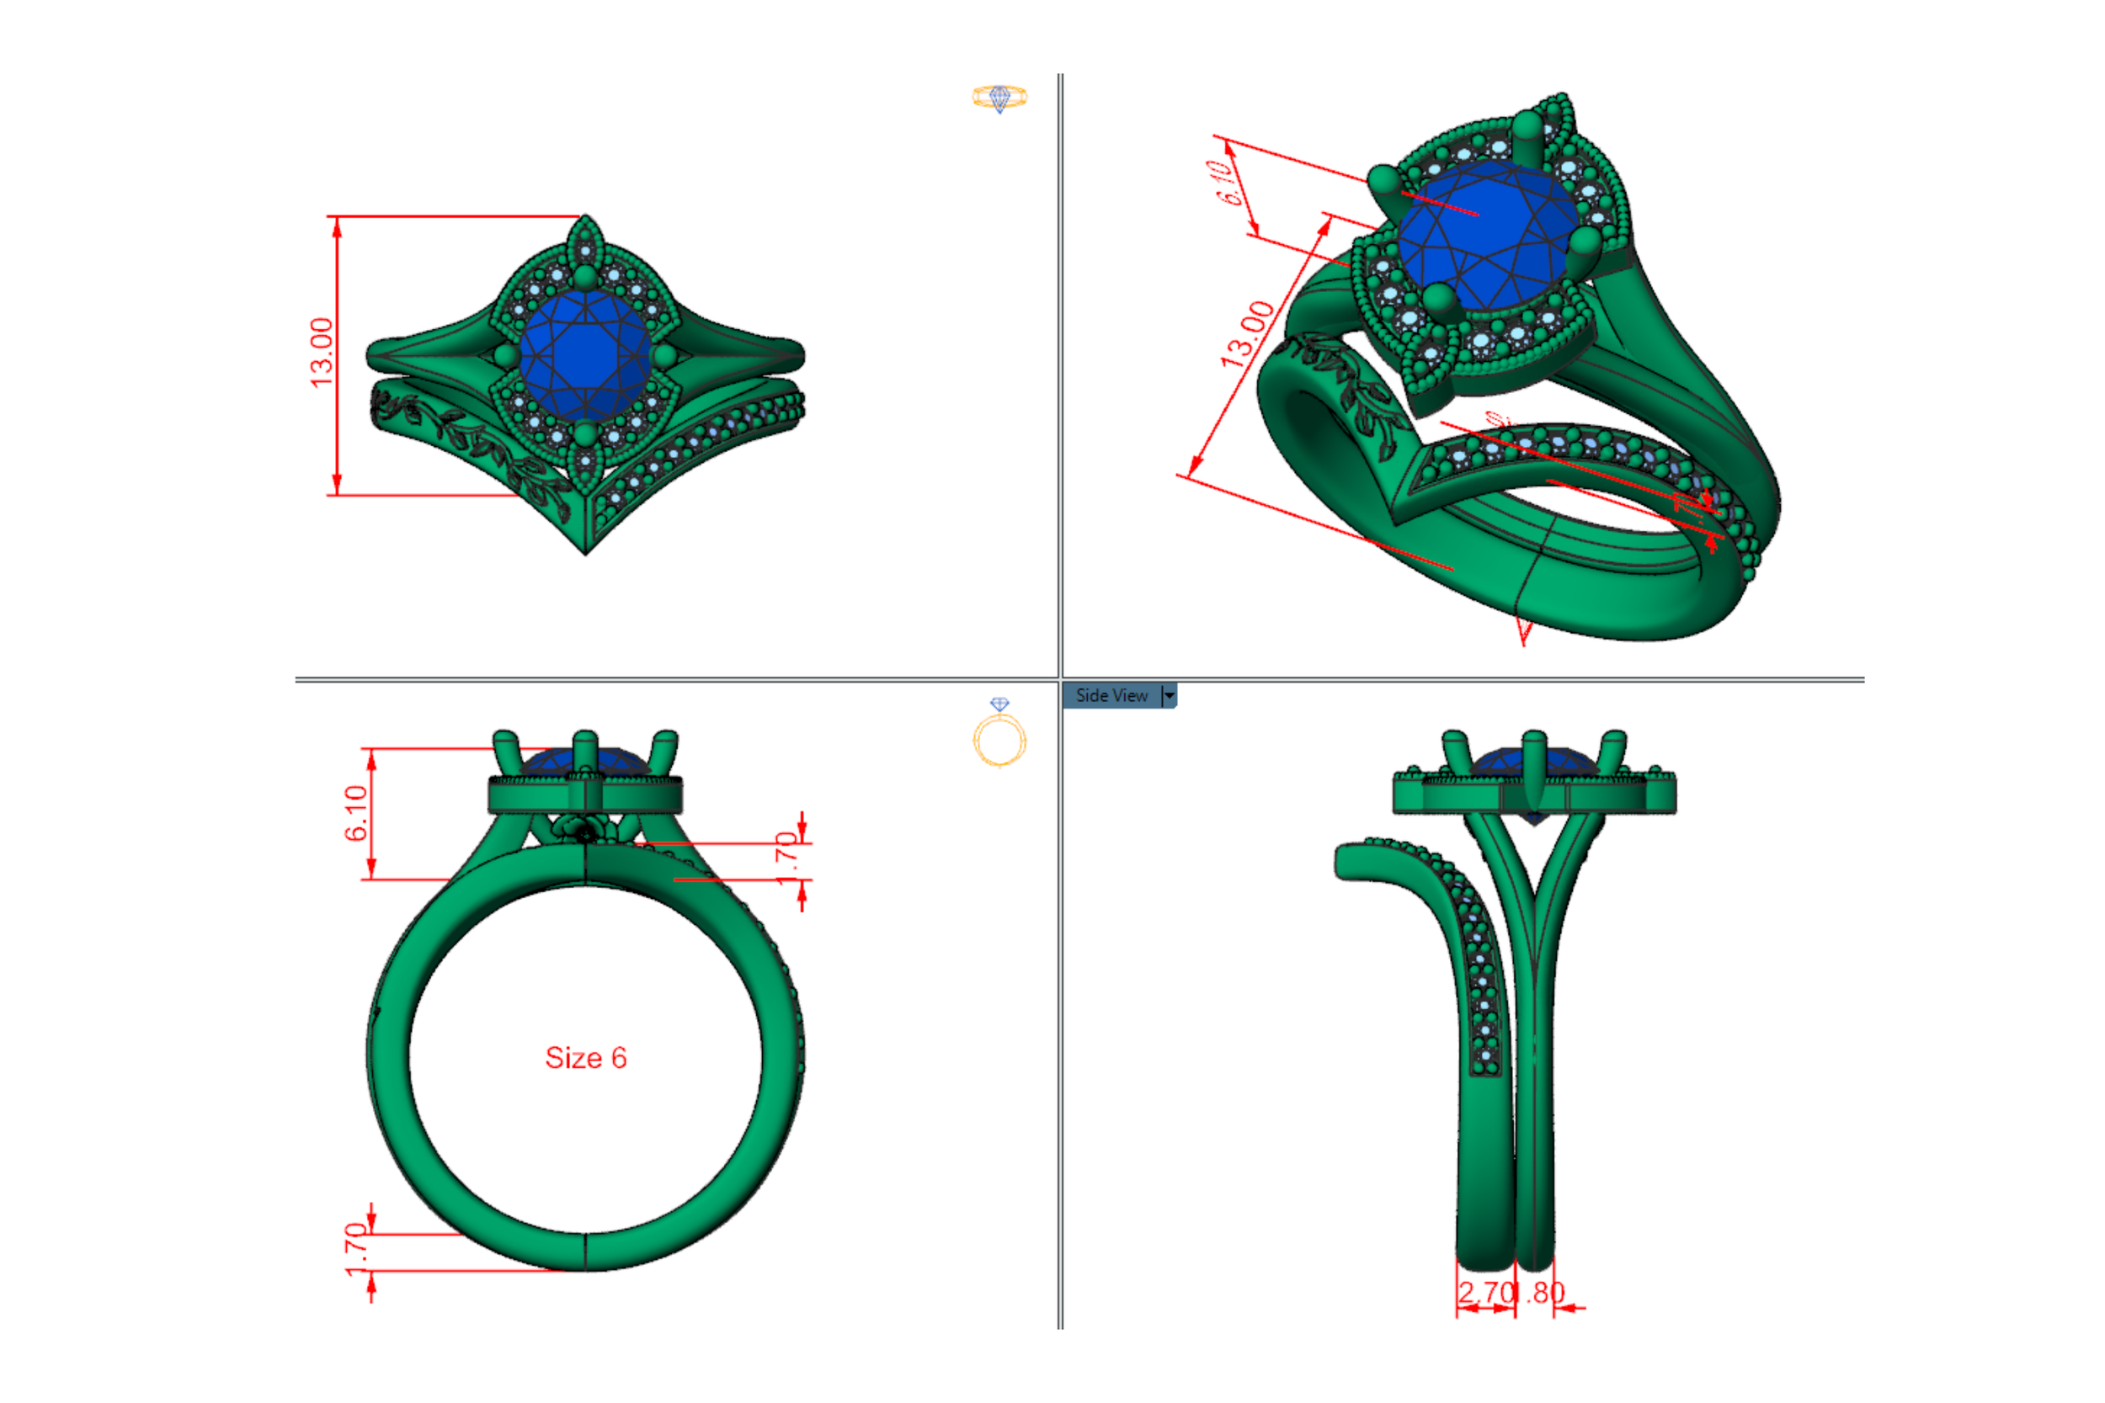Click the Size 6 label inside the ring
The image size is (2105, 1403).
click(x=585, y=1058)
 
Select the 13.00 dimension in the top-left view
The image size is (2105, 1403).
click(x=322, y=353)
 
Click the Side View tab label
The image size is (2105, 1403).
click(x=1111, y=695)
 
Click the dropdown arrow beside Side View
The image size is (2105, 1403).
click(x=1169, y=695)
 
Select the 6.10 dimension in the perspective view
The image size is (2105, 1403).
click(x=1231, y=183)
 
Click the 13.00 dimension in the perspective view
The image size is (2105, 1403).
click(x=1247, y=335)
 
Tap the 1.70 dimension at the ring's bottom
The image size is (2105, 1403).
click(x=356, y=1249)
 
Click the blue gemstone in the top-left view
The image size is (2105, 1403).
click(x=585, y=355)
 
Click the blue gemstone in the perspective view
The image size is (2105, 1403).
click(x=1485, y=237)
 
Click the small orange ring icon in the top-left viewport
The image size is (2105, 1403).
click(x=999, y=97)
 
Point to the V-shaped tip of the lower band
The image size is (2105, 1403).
click(x=585, y=548)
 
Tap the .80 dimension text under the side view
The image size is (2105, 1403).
click(x=1547, y=1293)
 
